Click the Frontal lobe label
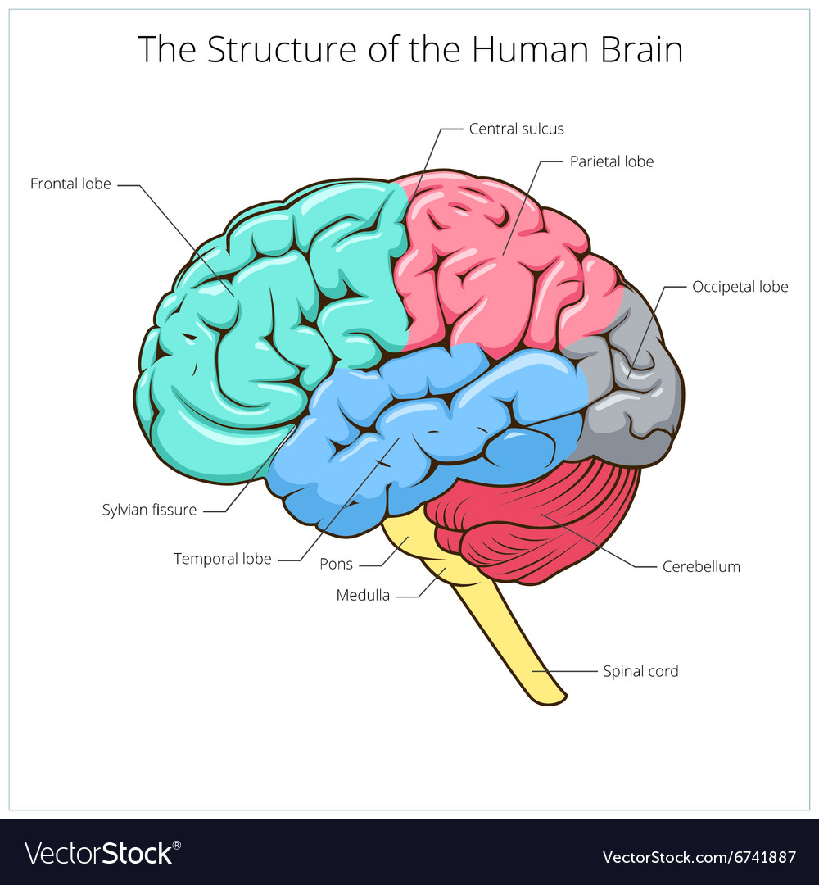70,184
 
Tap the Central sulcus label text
516,129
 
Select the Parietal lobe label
612,162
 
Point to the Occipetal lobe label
740,288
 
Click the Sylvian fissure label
150,511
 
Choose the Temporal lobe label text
222,560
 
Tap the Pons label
336,565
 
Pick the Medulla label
363,596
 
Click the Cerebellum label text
701,567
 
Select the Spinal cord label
640,672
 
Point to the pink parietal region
496,265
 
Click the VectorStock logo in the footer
102,853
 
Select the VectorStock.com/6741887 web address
699,858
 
